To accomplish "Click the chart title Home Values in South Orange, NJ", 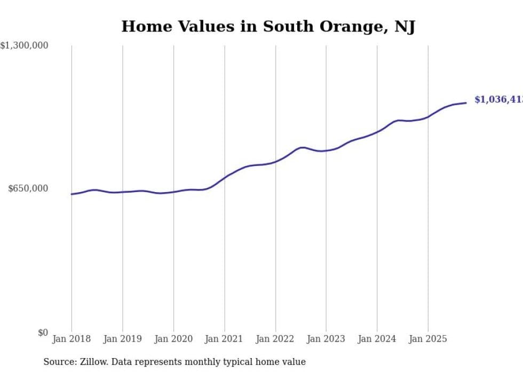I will (x=268, y=26).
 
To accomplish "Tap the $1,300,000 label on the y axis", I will (x=25, y=46).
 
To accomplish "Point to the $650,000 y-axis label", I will (x=28, y=188).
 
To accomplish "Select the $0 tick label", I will (x=43, y=332).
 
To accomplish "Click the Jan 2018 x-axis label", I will (x=72, y=339).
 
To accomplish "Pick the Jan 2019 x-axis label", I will (x=123, y=339).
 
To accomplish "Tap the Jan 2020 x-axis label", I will (x=173, y=339).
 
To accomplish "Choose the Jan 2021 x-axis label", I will (x=225, y=339).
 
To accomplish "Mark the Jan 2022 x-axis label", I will (x=275, y=339).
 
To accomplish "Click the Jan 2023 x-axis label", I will (x=326, y=339).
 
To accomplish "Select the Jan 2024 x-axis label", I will (x=377, y=339).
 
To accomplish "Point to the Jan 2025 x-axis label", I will (x=428, y=339).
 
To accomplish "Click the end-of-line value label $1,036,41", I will (x=498, y=100).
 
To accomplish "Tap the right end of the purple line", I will (x=466, y=102).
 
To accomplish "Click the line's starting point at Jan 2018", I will (x=72, y=194).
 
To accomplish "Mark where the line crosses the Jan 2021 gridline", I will (x=225, y=176).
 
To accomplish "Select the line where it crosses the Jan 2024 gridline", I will (x=377, y=131).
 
